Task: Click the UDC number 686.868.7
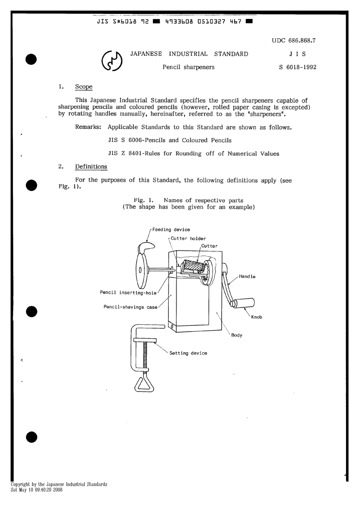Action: point(294,41)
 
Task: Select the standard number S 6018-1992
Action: point(297,67)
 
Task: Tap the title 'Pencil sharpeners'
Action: point(188,67)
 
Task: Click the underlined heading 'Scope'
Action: point(84,87)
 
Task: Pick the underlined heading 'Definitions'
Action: point(91,167)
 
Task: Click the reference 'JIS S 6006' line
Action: point(170,140)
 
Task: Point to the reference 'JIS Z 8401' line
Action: point(194,154)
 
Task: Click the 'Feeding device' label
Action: point(171,230)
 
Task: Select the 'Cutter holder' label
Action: point(188,239)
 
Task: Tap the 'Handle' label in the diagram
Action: point(247,276)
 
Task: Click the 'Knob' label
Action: point(257,317)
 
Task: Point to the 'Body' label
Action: point(236,335)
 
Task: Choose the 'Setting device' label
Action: point(188,353)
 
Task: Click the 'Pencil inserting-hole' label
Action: point(128,293)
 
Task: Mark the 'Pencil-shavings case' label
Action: point(130,307)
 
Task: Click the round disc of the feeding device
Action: point(141,271)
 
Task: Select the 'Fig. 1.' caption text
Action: point(143,200)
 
